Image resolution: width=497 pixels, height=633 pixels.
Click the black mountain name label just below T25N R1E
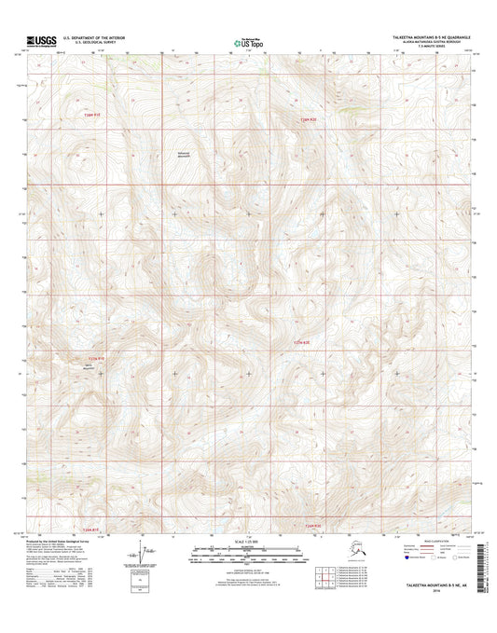(90, 367)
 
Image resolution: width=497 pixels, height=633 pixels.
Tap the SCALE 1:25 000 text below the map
(247, 543)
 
